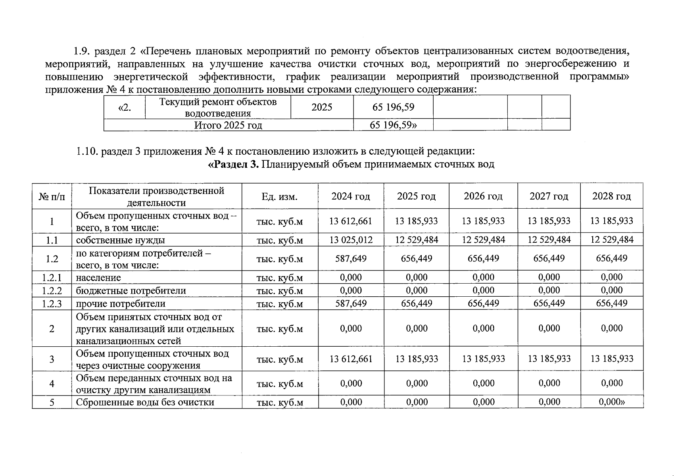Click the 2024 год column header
351,196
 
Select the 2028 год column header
611,196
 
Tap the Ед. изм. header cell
279,196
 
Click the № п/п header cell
52,196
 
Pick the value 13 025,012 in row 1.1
351,240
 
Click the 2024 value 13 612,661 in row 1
351,221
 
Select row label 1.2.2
52,291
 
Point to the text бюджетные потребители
131,291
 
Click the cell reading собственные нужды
120,240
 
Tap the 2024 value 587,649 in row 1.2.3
351,303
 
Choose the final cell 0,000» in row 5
611,402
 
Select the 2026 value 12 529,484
483,240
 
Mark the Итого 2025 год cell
228,125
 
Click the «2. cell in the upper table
125,107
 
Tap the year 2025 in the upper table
322,107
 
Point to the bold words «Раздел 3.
233,164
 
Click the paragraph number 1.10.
87,152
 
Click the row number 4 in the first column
52,384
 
